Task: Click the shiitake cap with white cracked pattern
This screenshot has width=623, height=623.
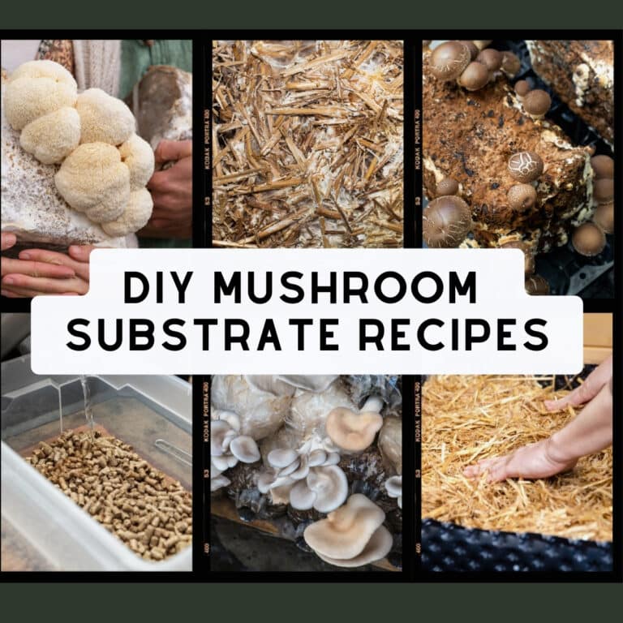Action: [525, 165]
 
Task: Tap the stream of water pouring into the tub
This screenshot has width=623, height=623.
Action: [85, 402]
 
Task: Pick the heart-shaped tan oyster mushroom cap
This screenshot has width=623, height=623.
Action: [354, 428]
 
